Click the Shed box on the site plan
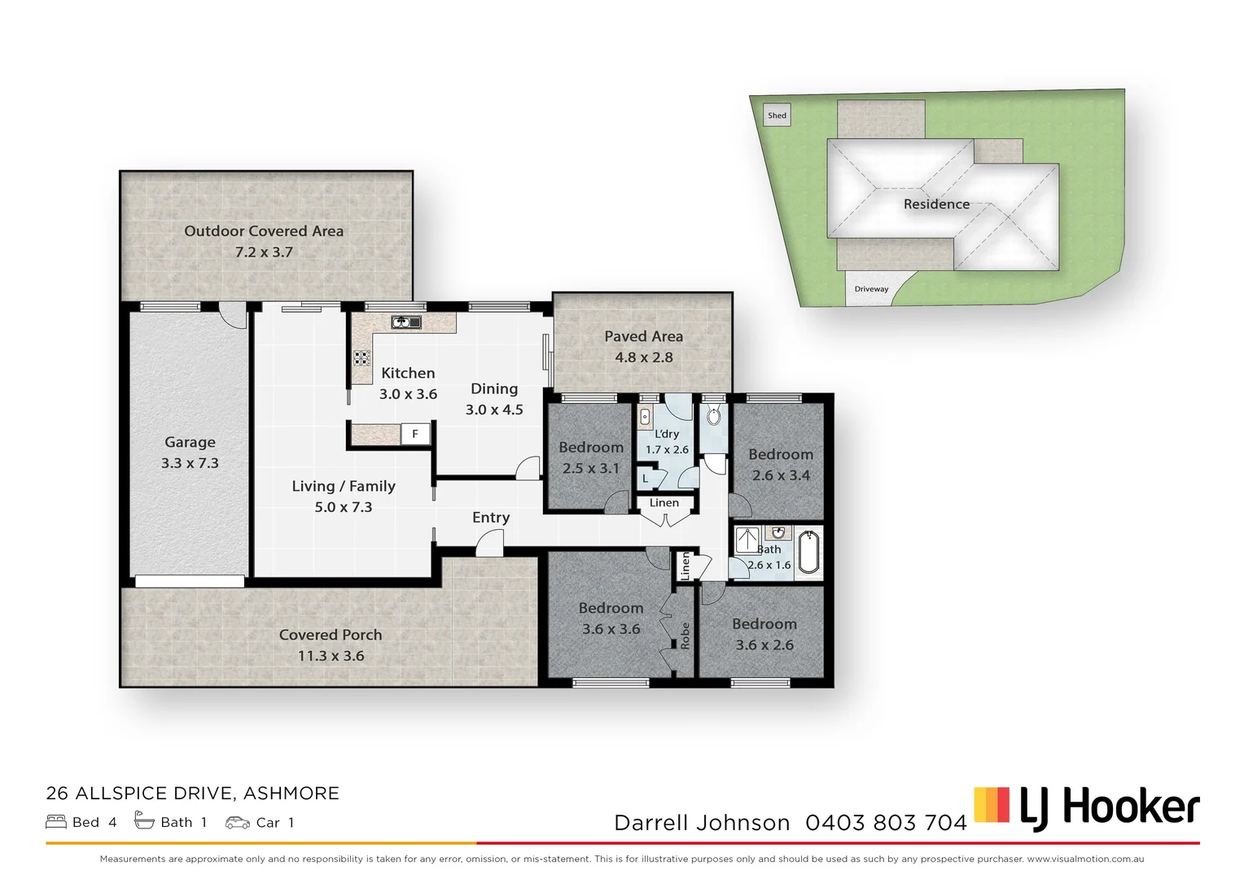tap(777, 116)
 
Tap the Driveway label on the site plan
tap(871, 289)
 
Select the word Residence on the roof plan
tap(936, 204)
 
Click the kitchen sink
tap(405, 322)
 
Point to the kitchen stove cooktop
tap(361, 357)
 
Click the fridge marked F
tap(415, 434)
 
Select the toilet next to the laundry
tap(714, 417)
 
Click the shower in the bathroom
tap(747, 540)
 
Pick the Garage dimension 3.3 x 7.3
tap(190, 463)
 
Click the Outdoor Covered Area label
tap(264, 231)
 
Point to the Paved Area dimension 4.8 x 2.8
tap(643, 357)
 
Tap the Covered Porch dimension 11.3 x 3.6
tap(331, 656)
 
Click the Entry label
tap(491, 518)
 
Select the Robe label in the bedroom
tap(685, 635)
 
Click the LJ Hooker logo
tap(1087, 807)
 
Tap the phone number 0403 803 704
tap(886, 823)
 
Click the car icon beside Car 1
tap(238, 822)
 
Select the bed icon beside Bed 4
tap(56, 822)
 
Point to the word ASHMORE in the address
tap(291, 794)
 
